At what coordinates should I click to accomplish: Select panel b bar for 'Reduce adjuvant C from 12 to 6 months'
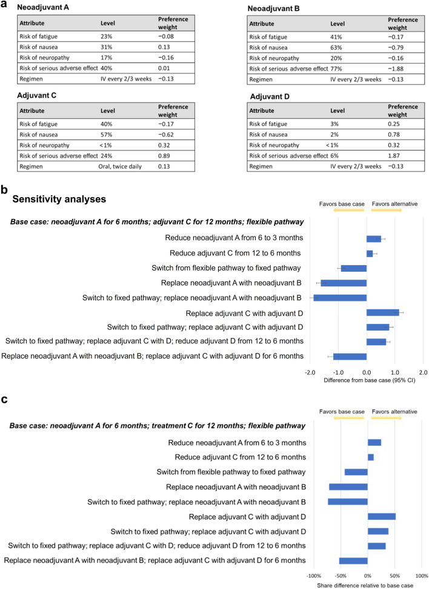(x=370, y=253)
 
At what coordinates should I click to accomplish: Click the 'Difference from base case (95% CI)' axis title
(x=366, y=380)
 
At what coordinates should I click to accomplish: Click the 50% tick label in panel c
(x=394, y=574)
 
